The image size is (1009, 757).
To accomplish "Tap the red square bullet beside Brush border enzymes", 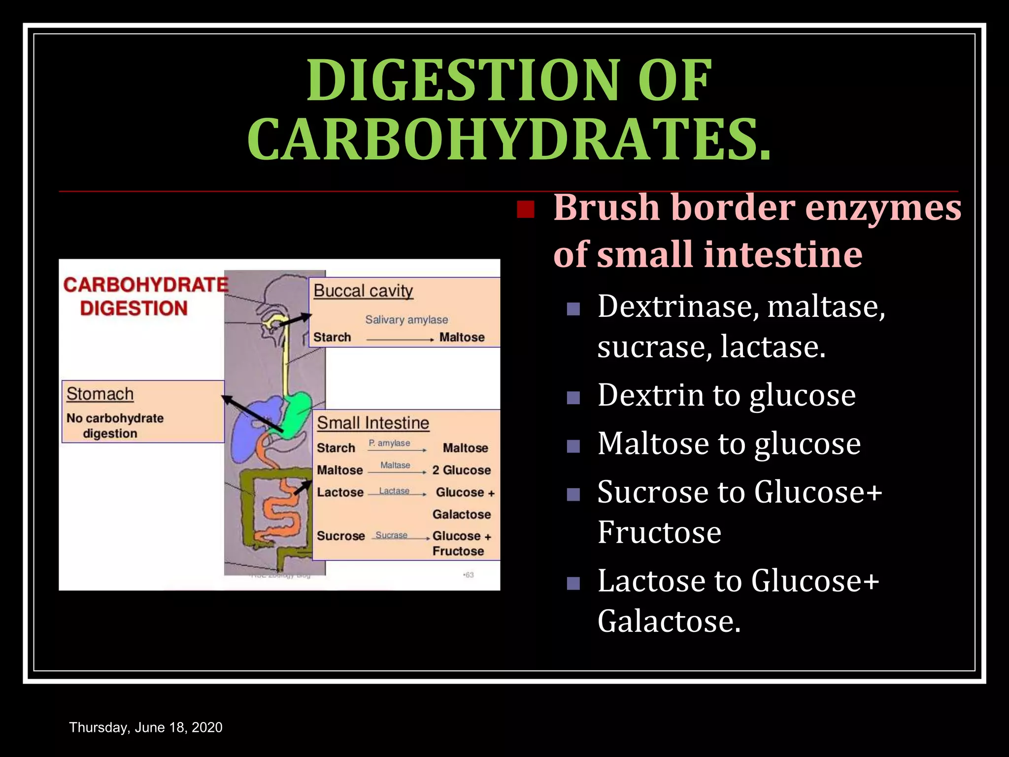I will pyautogui.click(x=526, y=209).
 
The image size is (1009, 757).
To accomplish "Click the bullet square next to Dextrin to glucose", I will pyautogui.click(x=573, y=397).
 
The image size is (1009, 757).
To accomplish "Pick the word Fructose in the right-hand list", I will pyautogui.click(x=659, y=532).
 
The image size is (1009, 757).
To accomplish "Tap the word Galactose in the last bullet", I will pyautogui.click(x=669, y=621).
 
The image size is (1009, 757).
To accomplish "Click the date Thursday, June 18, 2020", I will pyautogui.click(x=146, y=727).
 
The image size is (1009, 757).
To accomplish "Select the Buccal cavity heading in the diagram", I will pyautogui.click(x=363, y=291).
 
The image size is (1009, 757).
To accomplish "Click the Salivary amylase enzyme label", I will pyautogui.click(x=406, y=320).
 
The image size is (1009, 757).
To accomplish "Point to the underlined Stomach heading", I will pyautogui.click(x=100, y=394).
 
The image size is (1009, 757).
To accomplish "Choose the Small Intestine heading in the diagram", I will pyautogui.click(x=373, y=423).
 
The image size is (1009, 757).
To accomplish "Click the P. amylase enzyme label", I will pyautogui.click(x=389, y=443).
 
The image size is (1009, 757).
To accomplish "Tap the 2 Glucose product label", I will pyautogui.click(x=462, y=470).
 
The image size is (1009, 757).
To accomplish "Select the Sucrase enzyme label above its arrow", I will pyautogui.click(x=391, y=535).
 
